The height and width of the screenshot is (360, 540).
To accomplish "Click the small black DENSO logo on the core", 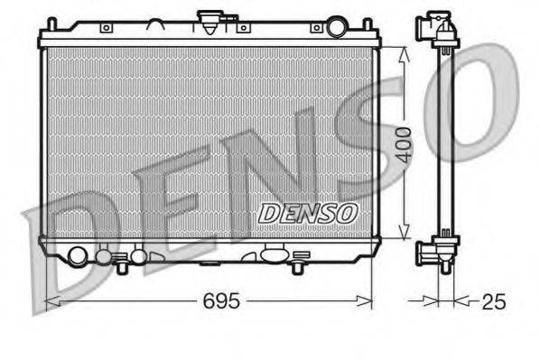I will [308, 213].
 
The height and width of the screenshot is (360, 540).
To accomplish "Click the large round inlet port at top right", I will [337, 27].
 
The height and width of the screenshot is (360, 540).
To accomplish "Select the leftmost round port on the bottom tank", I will [79, 257].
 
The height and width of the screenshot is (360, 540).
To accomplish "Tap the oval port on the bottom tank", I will [273, 256].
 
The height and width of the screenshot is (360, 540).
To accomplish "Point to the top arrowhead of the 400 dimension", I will [403, 52].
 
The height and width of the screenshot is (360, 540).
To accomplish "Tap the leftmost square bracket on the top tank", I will [107, 28].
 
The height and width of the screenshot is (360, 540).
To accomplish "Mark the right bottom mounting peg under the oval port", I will [297, 267].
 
